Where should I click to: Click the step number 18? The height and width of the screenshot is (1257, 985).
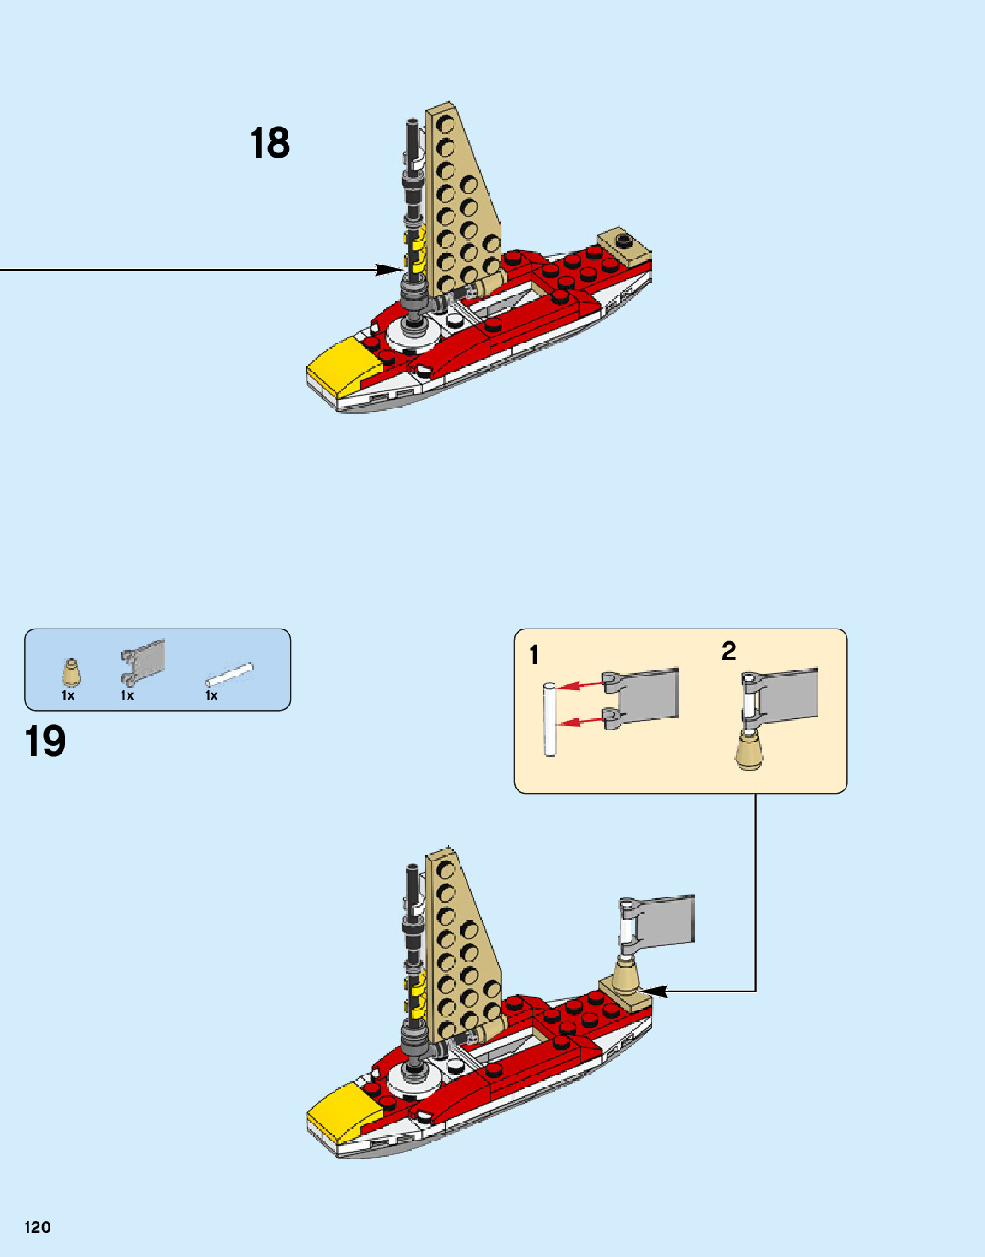coord(270,143)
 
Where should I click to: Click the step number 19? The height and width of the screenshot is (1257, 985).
coord(45,742)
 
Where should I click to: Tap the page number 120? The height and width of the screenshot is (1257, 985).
coord(38,1227)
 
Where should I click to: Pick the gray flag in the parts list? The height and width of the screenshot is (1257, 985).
coord(143,663)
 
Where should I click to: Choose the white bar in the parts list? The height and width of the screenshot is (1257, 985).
coord(229,674)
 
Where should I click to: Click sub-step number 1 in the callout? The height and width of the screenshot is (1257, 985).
coord(534,655)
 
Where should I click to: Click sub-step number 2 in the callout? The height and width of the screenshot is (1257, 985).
coord(728,652)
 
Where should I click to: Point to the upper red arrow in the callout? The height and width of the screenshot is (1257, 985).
coord(581,684)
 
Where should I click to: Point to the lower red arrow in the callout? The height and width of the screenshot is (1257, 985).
coord(581,721)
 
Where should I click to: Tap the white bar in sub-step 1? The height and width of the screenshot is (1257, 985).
coord(550,719)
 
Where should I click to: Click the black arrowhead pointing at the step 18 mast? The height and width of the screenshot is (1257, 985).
coord(389,270)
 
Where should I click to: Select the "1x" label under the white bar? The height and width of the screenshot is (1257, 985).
coord(211,696)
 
